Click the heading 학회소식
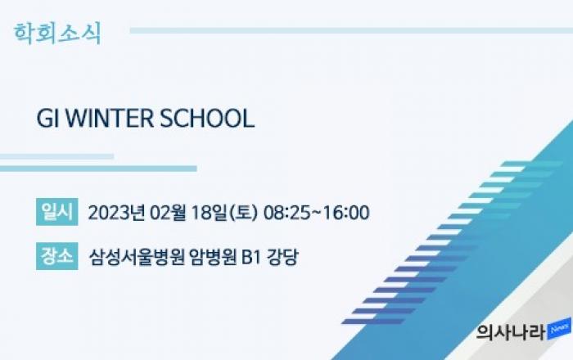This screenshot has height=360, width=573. (57, 34)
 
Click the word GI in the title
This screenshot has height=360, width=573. (47, 119)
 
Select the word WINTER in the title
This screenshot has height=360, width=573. (110, 119)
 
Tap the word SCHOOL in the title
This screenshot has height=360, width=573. (207, 119)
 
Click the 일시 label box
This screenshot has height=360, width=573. (57, 212)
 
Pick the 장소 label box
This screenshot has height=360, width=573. (57, 256)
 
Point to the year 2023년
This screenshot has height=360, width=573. (116, 213)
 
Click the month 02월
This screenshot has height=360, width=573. (169, 213)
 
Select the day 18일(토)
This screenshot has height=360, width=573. (225, 213)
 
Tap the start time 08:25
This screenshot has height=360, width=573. (286, 213)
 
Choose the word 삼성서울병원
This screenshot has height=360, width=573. (137, 257)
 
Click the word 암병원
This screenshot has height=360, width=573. (213, 257)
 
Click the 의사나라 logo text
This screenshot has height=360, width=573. (510, 331)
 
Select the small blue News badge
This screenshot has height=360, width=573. (559, 329)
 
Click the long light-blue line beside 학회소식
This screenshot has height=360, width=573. (351, 30)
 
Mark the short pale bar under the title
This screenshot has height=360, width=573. (57, 156)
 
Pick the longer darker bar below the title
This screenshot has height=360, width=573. (98, 169)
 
